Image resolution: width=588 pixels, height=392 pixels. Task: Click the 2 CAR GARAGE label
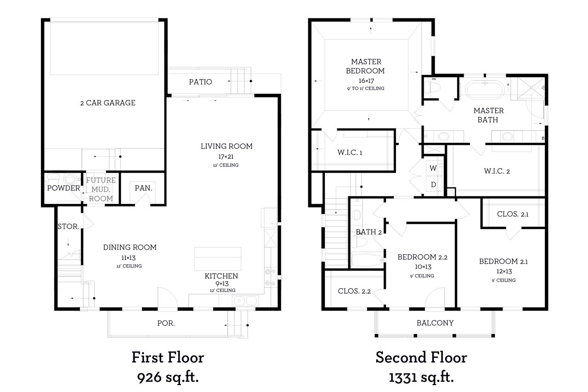(107, 102)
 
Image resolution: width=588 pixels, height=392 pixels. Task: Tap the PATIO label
(200, 82)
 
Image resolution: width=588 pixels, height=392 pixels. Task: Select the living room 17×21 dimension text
(226, 157)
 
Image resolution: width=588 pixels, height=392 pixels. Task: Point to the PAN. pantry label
(143, 188)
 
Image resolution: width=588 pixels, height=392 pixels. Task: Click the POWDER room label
(63, 188)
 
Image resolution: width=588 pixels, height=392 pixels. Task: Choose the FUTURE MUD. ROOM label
(101, 189)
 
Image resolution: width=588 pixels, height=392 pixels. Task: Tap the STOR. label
(68, 226)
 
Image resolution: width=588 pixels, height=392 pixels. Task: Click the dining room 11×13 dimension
(128, 258)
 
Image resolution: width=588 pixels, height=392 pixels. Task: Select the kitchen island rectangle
(218, 259)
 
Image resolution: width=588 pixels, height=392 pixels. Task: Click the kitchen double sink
(245, 301)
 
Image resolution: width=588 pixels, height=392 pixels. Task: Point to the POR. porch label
(166, 323)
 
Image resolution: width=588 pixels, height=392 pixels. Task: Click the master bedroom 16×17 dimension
(366, 80)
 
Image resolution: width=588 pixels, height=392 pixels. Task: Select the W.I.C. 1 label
(350, 153)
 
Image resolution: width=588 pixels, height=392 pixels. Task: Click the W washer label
(433, 168)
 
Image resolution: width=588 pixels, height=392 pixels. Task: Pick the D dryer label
(433, 185)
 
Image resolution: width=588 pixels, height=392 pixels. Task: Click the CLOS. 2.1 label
(513, 214)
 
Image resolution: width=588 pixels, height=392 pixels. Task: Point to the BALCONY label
(435, 323)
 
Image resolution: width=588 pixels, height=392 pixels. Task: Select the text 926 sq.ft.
(168, 378)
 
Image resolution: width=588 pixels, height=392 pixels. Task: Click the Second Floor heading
(421, 358)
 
